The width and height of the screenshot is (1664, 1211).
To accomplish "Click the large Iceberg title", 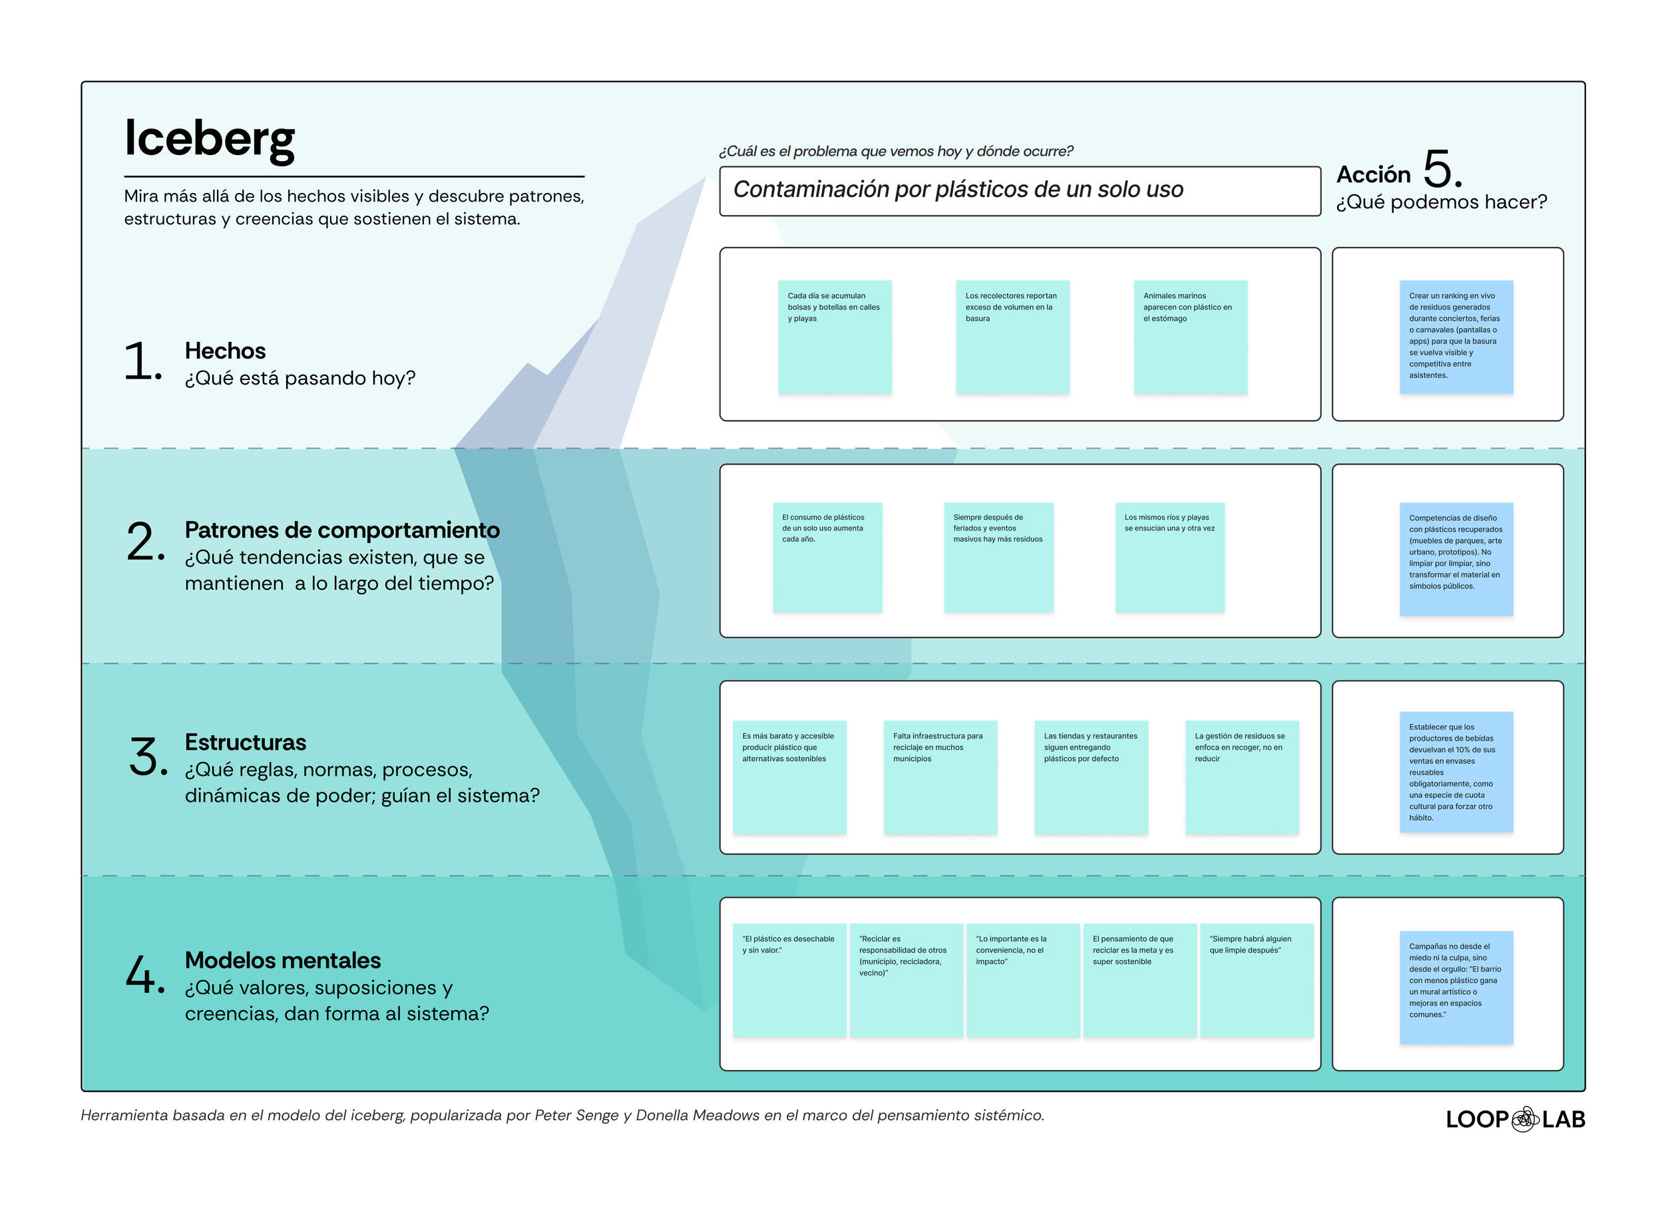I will click(209, 138).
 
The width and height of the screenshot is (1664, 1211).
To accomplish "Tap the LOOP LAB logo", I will click(1515, 1119).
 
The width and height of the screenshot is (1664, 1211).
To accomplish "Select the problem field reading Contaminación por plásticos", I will click(1019, 191).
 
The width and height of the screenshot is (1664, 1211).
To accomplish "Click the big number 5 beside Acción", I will click(1440, 170).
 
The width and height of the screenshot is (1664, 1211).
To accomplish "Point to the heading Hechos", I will click(225, 351).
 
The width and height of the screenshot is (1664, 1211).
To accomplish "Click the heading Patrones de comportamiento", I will click(342, 530).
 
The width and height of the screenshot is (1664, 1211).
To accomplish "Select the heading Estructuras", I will click(245, 743).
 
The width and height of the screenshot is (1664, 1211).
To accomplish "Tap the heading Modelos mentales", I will click(282, 960).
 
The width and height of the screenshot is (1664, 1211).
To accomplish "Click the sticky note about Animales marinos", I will click(1190, 337).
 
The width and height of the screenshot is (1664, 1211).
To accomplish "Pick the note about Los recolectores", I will click(1012, 337).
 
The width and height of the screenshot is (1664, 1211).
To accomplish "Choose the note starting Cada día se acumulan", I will click(835, 337).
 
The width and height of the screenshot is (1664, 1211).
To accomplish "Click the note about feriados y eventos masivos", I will click(998, 558).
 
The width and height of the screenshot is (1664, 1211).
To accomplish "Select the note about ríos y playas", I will click(1169, 558).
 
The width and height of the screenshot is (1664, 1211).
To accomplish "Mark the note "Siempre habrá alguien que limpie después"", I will click(1256, 980).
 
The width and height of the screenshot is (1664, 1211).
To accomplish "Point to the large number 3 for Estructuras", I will click(144, 757).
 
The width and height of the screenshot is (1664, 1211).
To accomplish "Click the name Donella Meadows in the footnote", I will click(697, 1116).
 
